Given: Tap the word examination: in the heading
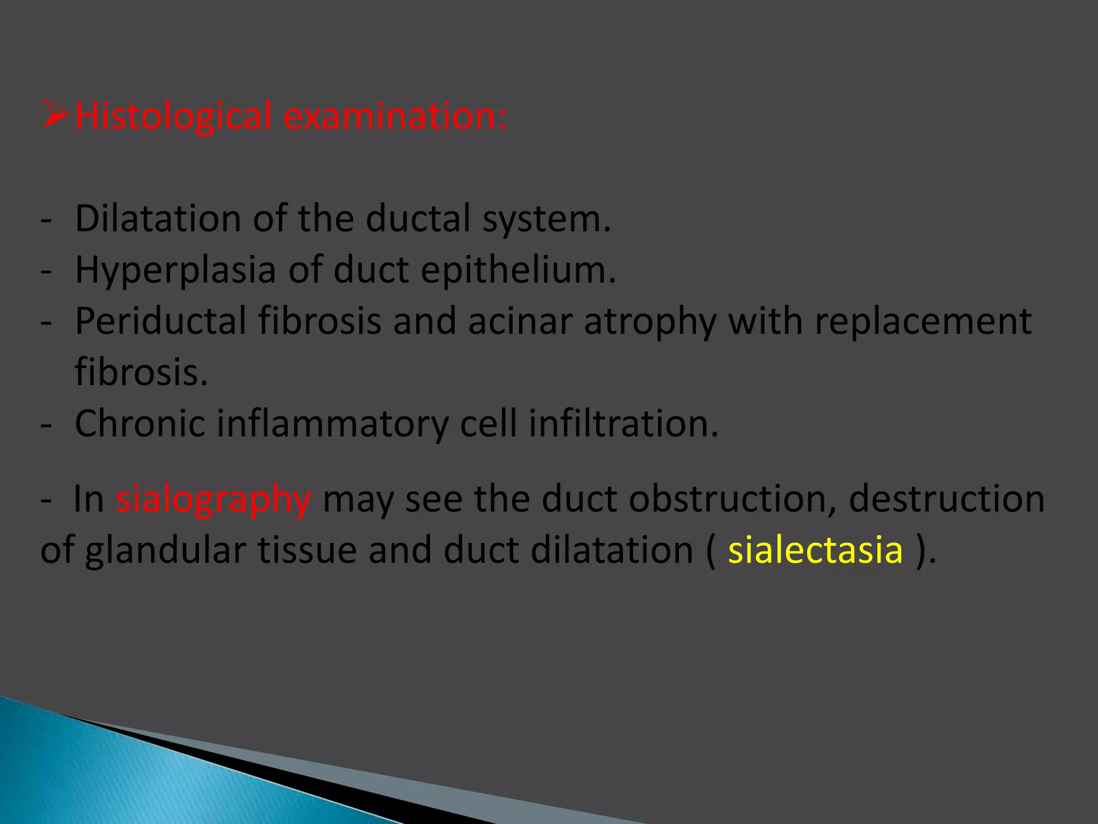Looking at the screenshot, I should [x=394, y=116].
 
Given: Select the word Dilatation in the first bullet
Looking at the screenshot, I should [x=158, y=219].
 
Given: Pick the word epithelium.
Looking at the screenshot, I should [x=518, y=270].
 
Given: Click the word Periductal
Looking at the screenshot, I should [x=161, y=321].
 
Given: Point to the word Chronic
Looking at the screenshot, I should [x=139, y=424].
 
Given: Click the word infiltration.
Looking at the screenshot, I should [x=623, y=424].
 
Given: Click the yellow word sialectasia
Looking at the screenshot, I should [x=815, y=551].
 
